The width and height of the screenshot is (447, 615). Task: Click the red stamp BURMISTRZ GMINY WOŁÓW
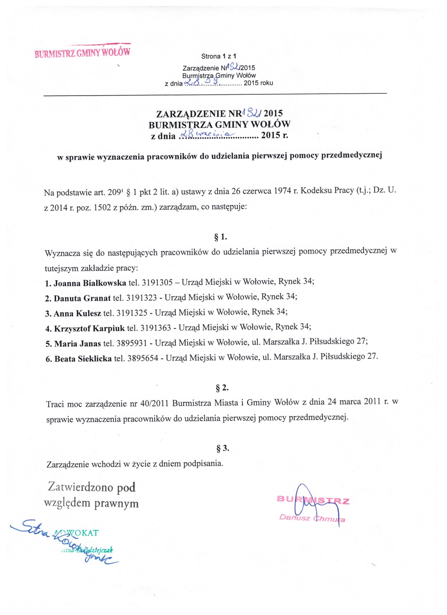(82, 51)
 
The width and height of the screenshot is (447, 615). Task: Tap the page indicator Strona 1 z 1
(219, 56)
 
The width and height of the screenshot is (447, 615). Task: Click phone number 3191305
(157, 283)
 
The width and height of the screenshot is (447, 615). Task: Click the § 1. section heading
(221, 238)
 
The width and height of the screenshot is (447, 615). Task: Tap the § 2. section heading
(222, 388)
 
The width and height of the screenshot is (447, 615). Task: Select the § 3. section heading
(222, 448)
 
